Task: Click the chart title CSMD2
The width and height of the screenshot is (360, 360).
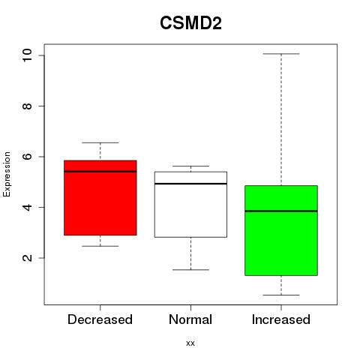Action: pyautogui.click(x=190, y=23)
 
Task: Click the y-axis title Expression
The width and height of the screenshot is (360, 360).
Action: pyautogui.click(x=7, y=174)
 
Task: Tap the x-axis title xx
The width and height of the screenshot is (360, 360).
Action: pyautogui.click(x=190, y=343)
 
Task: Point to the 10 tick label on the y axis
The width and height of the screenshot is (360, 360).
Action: pyautogui.click(x=27, y=55)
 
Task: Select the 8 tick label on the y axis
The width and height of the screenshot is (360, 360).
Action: pyautogui.click(x=27, y=106)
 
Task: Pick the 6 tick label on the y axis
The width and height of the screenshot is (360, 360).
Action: pyautogui.click(x=27, y=157)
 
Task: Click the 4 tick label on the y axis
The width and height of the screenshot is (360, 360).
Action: pyautogui.click(x=27, y=207)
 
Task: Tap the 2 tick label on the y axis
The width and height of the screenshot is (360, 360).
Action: pyautogui.click(x=27, y=258)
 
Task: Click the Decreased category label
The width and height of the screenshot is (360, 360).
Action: pyautogui.click(x=100, y=319)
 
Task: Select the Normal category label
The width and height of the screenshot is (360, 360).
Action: pyautogui.click(x=190, y=319)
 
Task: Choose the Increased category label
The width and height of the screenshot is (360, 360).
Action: pyautogui.click(x=281, y=319)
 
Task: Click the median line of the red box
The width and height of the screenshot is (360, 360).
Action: pyautogui.click(x=100, y=172)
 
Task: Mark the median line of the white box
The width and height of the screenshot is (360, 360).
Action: pyautogui.click(x=190, y=184)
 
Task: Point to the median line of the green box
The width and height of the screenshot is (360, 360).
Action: pyautogui.click(x=281, y=211)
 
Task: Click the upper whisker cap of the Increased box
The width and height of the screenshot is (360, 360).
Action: pyautogui.click(x=281, y=54)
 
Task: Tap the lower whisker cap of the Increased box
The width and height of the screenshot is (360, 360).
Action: pyautogui.click(x=281, y=295)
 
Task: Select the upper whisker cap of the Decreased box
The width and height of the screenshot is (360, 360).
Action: pyautogui.click(x=100, y=142)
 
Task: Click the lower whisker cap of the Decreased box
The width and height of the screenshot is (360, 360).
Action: pyautogui.click(x=100, y=246)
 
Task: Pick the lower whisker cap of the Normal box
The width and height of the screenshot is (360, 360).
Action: pyautogui.click(x=190, y=270)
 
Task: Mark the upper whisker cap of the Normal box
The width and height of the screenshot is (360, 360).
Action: pyautogui.click(x=190, y=166)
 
